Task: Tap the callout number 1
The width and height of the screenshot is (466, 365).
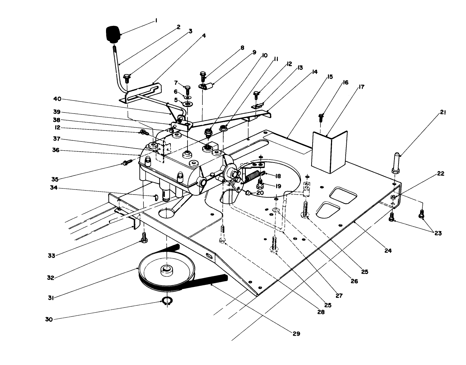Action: tap(156, 21)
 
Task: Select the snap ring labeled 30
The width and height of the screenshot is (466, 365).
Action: tap(167, 301)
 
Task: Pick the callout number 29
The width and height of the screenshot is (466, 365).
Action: tap(296, 334)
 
